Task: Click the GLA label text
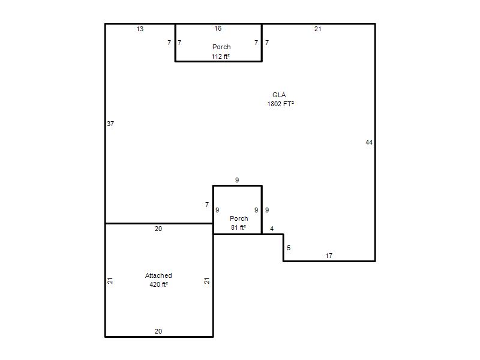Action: pyautogui.click(x=279, y=95)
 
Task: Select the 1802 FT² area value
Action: pyautogui.click(x=280, y=104)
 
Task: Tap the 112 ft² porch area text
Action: pyautogui.click(x=220, y=56)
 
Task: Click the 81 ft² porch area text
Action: pyautogui.click(x=238, y=227)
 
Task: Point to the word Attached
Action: pyautogui.click(x=158, y=275)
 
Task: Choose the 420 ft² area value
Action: pyautogui.click(x=158, y=284)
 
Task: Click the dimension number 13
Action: pyautogui.click(x=140, y=29)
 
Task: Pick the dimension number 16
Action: pyautogui.click(x=218, y=28)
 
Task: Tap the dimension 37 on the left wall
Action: pyautogui.click(x=110, y=124)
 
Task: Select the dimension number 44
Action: pyautogui.click(x=369, y=142)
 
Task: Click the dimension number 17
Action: pyautogui.click(x=329, y=256)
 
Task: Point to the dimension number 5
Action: pyautogui.click(x=289, y=248)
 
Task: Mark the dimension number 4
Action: pyautogui.click(x=272, y=229)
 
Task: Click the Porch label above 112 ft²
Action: pyautogui.click(x=221, y=47)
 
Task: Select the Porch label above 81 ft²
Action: pyautogui.click(x=239, y=218)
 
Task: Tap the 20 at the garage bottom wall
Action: pyautogui.click(x=158, y=331)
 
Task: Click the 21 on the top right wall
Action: pyautogui.click(x=318, y=29)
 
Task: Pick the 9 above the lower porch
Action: pyautogui.click(x=237, y=180)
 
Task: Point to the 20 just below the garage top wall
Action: pyautogui.click(x=158, y=229)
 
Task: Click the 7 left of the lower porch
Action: pyautogui.click(x=207, y=205)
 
